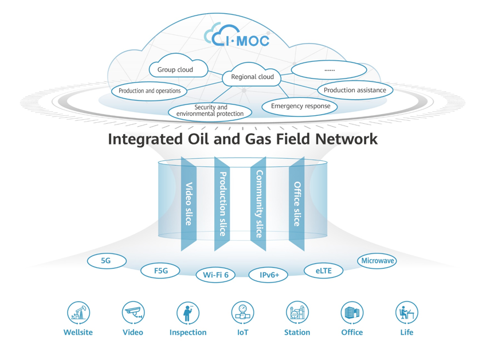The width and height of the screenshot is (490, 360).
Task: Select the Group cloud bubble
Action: point(175,70)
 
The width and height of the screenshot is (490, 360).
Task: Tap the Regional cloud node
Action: point(252,77)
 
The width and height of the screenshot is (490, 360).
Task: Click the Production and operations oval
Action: point(150,91)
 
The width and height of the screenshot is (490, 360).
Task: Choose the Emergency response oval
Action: point(300,106)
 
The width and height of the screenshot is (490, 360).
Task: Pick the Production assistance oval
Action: point(355,90)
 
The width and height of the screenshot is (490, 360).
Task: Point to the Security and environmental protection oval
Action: point(210,111)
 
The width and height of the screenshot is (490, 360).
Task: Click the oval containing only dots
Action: point(329,70)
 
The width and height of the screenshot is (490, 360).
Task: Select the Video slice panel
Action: point(189,204)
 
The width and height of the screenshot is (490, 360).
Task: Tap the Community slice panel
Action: point(258,204)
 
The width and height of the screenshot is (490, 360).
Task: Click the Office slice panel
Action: point(296,204)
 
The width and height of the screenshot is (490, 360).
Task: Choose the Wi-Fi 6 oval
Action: point(215,275)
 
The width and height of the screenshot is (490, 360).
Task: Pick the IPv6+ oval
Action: point(269,275)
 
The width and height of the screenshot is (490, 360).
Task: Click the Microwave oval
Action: point(378,261)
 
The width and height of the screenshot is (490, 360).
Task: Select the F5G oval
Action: point(160,271)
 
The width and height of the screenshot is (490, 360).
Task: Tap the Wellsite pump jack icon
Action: point(78,313)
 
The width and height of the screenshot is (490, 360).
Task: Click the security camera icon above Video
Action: point(133,313)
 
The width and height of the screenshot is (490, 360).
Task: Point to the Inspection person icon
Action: point(187,313)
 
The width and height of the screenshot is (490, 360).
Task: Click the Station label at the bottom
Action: point(297,332)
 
